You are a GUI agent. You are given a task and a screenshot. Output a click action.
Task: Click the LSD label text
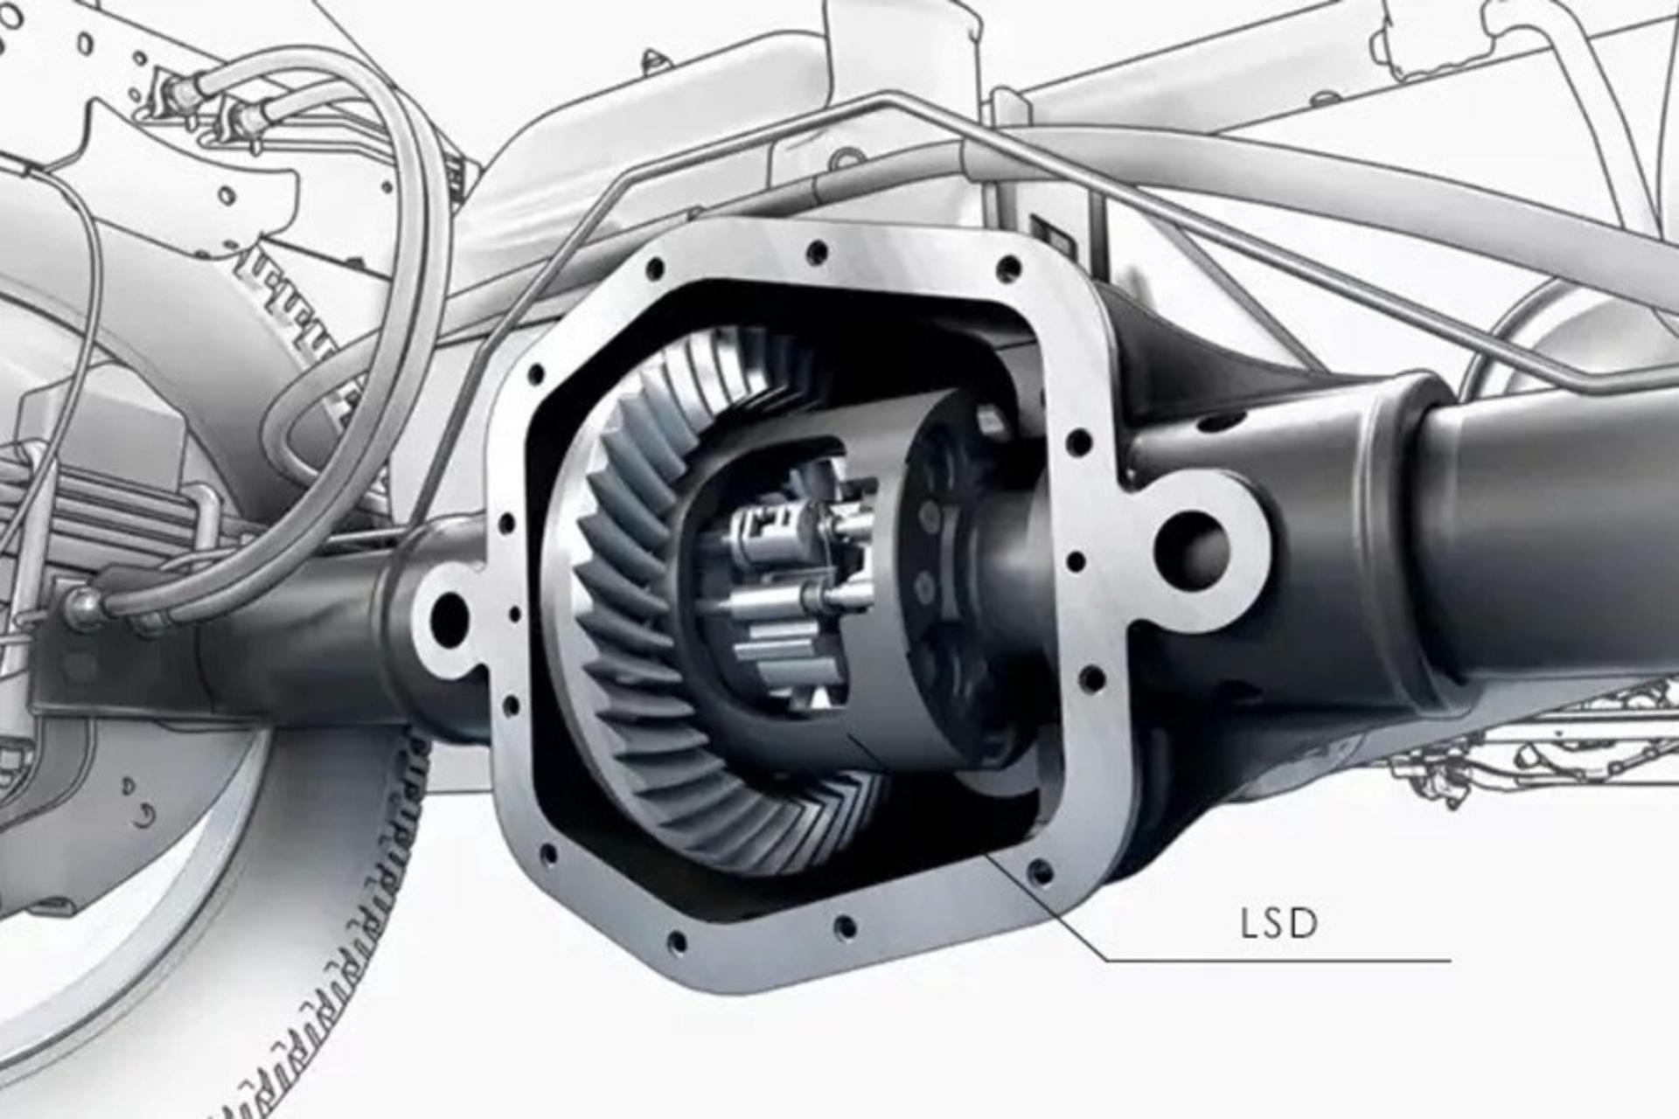(1278, 925)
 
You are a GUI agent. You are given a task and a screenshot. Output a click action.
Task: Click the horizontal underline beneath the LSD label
(1278, 961)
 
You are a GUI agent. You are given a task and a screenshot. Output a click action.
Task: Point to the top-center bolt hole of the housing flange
(817, 254)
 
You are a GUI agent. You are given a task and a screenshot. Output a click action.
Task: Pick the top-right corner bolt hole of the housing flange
(1008, 267)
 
